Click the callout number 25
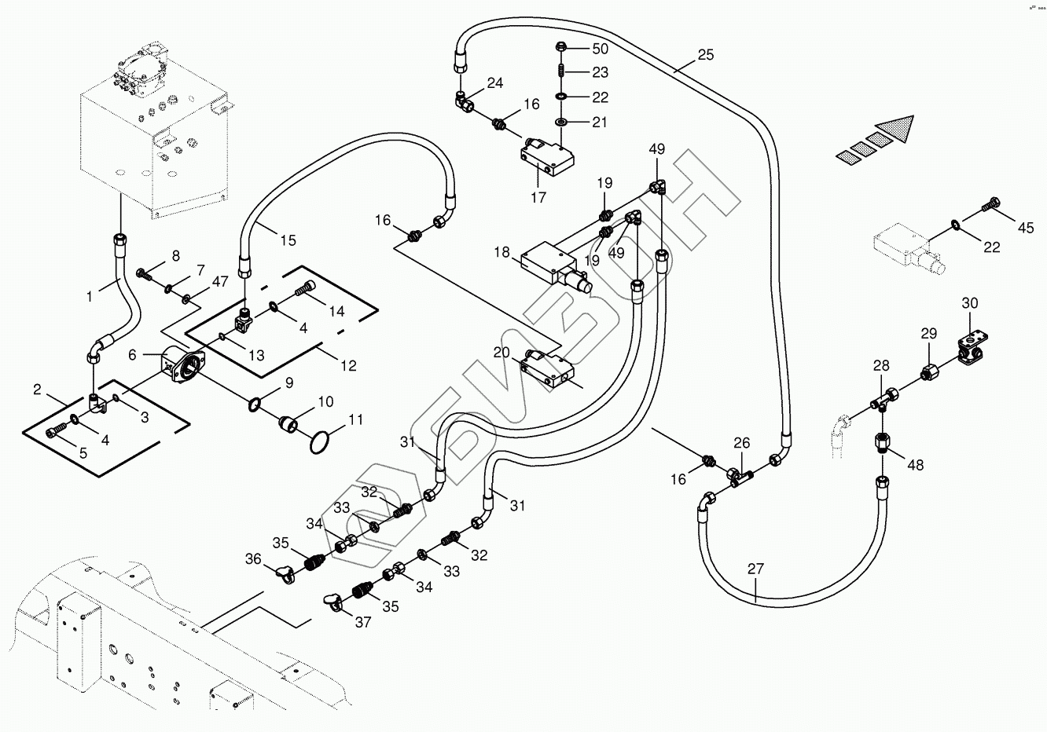705,55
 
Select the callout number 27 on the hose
755,569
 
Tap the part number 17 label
538,198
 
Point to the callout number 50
600,49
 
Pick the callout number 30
970,304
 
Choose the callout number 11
356,420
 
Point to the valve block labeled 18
550,262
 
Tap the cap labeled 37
334,602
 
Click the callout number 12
347,365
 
